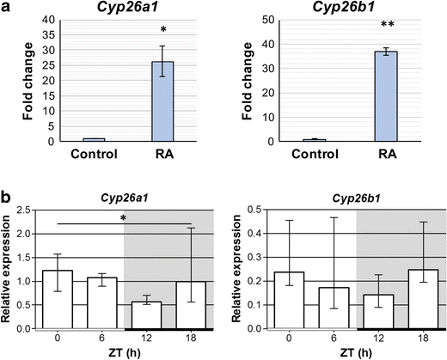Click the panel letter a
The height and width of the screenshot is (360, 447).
6,7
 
